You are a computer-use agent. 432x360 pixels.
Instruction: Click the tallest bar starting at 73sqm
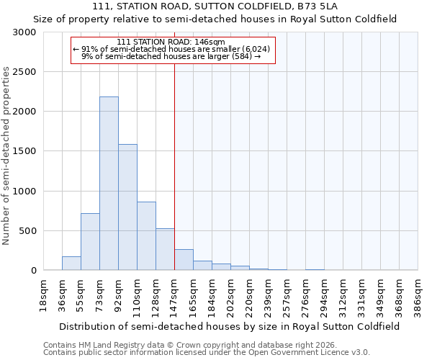(x=109, y=184)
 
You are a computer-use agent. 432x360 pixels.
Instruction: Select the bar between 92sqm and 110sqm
(x=127, y=207)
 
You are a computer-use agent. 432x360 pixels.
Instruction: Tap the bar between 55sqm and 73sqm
(x=90, y=242)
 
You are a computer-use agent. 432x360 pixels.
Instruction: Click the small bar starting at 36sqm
(x=71, y=264)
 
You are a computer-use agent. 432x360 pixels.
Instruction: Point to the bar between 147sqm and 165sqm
(x=184, y=260)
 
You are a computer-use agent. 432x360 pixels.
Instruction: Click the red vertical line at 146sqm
(x=174, y=166)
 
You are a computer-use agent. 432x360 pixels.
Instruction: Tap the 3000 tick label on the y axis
(x=24, y=32)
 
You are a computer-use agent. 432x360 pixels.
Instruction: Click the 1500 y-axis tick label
(x=24, y=151)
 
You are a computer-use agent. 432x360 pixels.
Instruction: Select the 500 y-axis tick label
(x=27, y=231)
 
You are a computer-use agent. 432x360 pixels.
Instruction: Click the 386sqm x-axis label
(x=418, y=294)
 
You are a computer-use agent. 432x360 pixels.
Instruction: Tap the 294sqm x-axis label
(x=325, y=294)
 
